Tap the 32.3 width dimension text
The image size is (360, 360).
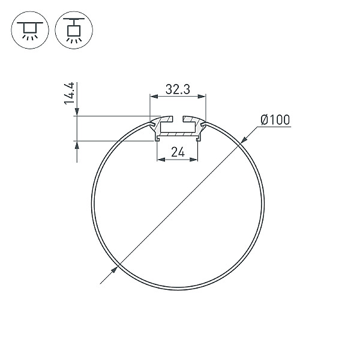pos(178,90)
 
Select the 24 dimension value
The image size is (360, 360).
pos(177,152)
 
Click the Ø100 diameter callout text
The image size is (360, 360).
pos(275,120)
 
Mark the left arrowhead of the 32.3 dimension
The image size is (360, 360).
pos(153,96)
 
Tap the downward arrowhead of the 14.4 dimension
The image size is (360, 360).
pos(76,112)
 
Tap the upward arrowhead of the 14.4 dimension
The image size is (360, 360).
pos(76,145)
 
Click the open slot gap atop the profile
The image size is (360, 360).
pos(178,119)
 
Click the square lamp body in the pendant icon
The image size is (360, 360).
pos(73,29)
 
